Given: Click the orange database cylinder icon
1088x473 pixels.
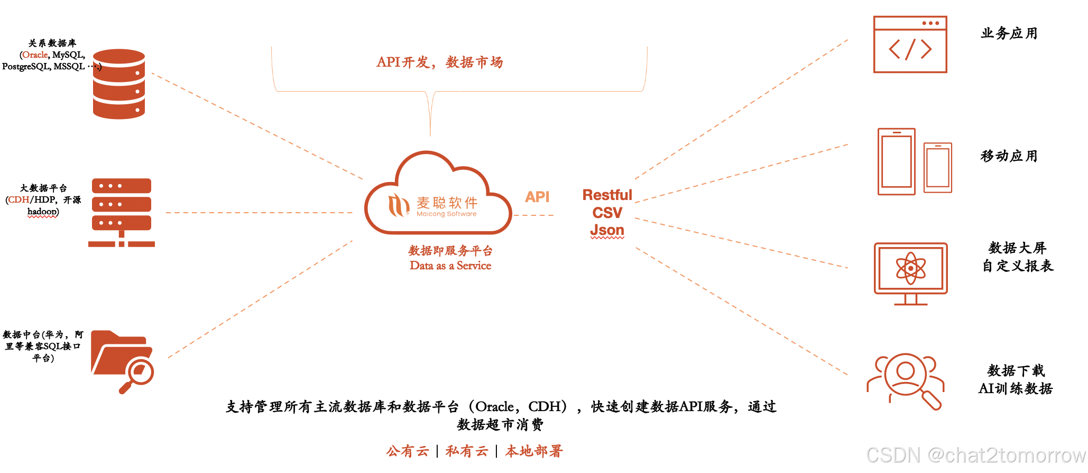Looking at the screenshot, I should point(119,84).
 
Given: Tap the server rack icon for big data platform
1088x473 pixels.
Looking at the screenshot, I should point(122,212).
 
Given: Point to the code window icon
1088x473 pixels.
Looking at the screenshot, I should point(910,44).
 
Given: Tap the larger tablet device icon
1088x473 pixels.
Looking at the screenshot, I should point(896,161).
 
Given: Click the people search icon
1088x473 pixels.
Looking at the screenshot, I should point(905,380).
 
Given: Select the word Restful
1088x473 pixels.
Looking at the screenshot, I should point(607,195).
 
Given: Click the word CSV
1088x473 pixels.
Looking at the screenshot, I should point(607,213).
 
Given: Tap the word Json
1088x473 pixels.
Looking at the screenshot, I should point(607,230).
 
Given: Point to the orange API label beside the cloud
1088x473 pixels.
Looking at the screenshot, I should point(537,197).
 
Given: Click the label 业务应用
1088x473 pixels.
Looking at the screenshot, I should point(1009,33).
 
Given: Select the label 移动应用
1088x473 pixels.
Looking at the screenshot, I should point(1009,156).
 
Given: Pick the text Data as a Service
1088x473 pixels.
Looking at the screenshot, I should point(450,266).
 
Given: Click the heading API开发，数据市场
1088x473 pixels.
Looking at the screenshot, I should point(439,62).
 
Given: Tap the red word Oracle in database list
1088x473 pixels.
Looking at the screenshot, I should point(35,54).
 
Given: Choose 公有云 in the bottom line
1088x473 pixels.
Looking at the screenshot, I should point(407,451).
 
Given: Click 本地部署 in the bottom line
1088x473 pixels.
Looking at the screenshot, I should point(534,451).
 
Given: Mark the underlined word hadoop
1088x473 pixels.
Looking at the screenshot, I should point(43,212).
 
